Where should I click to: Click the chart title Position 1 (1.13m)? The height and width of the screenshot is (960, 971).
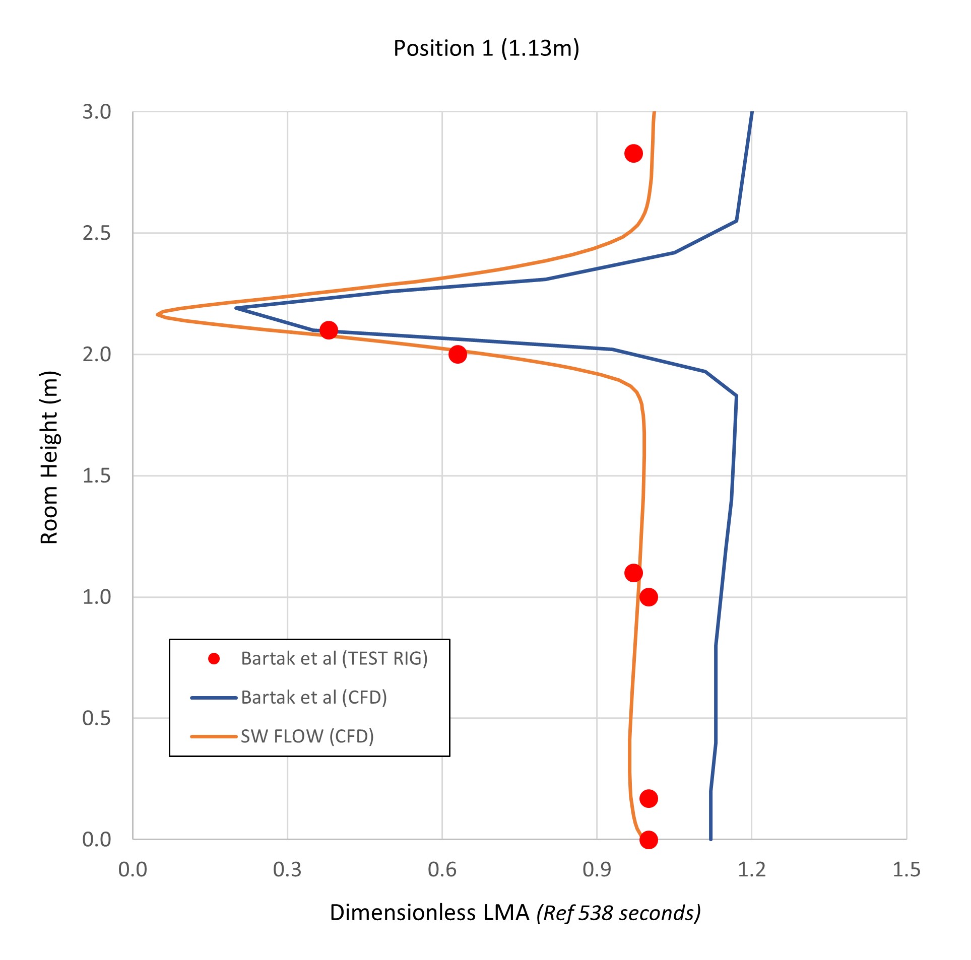(x=486, y=48)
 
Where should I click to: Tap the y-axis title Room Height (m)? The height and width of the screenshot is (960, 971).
(x=49, y=457)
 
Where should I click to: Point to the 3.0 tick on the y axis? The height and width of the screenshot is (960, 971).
(x=97, y=112)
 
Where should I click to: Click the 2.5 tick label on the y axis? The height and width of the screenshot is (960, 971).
(x=97, y=233)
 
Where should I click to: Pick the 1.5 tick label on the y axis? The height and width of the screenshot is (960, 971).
(x=97, y=475)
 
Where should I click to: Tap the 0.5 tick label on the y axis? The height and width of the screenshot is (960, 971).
(x=97, y=718)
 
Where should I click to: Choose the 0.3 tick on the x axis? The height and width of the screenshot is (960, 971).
(x=287, y=870)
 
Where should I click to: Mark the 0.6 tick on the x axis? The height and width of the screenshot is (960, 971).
(x=442, y=870)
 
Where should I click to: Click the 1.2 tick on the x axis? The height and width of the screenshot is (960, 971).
(x=751, y=870)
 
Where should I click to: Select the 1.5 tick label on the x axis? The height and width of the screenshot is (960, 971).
(x=906, y=870)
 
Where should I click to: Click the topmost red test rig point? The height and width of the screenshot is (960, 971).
(x=633, y=153)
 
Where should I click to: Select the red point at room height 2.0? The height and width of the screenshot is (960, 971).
(x=458, y=354)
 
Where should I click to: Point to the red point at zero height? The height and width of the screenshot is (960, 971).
(x=649, y=840)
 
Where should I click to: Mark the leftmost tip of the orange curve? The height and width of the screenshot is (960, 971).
(x=158, y=315)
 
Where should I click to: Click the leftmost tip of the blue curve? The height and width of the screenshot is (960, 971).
(x=236, y=308)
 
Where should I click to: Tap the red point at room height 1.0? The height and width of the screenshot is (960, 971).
(x=649, y=597)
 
